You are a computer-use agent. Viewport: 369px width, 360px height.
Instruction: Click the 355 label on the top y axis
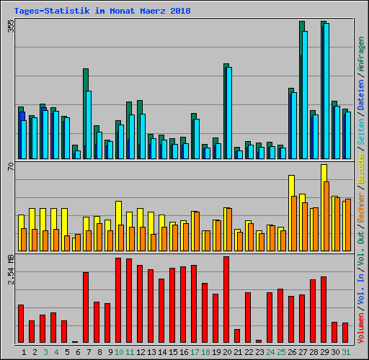pyautogui.click(x=10, y=26)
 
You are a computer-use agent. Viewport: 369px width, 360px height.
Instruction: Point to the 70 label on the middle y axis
pyautogui.click(x=10, y=168)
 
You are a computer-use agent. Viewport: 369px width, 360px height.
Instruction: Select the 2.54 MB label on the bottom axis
pyautogui.click(x=10, y=270)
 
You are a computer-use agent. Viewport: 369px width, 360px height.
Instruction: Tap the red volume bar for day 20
pyautogui.click(x=226, y=300)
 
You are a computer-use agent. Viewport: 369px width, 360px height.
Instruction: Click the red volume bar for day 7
pyautogui.click(x=86, y=307)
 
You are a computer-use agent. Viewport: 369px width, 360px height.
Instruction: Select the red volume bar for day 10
pyautogui.click(x=118, y=300)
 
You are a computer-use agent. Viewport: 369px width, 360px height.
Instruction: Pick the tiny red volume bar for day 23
pyautogui.click(x=259, y=341)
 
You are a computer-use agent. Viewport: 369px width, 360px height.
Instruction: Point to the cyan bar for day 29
pyautogui.click(x=326, y=91)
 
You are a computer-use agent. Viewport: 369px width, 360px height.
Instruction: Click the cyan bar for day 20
pyautogui.click(x=229, y=112)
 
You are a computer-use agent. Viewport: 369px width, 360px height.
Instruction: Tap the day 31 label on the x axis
pyautogui.click(x=346, y=351)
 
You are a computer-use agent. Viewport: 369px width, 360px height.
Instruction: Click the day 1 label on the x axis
pyautogui.click(x=25, y=351)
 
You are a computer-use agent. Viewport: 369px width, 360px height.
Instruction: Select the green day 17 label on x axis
pyautogui.click(x=195, y=351)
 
